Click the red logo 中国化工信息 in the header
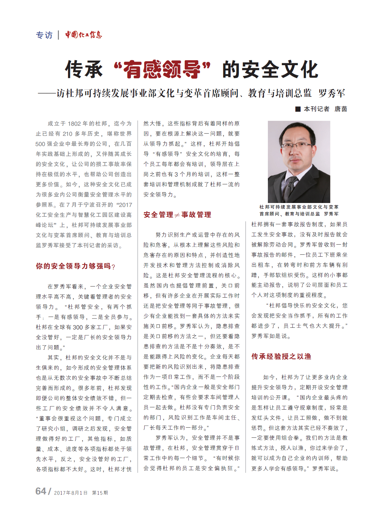(x=83, y=35)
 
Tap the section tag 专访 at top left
(x=44, y=35)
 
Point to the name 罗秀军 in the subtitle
(x=332, y=94)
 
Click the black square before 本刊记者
(x=298, y=109)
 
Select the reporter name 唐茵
(x=340, y=109)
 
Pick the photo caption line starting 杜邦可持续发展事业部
(x=299, y=207)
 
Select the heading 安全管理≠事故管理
(x=177, y=215)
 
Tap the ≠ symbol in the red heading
(x=177, y=215)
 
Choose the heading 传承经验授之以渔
(x=281, y=356)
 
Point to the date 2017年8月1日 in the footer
(x=71, y=493)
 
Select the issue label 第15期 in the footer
(x=100, y=493)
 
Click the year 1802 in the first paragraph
(x=74, y=124)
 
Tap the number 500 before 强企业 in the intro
(x=40, y=144)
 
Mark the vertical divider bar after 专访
(x=58, y=35)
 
